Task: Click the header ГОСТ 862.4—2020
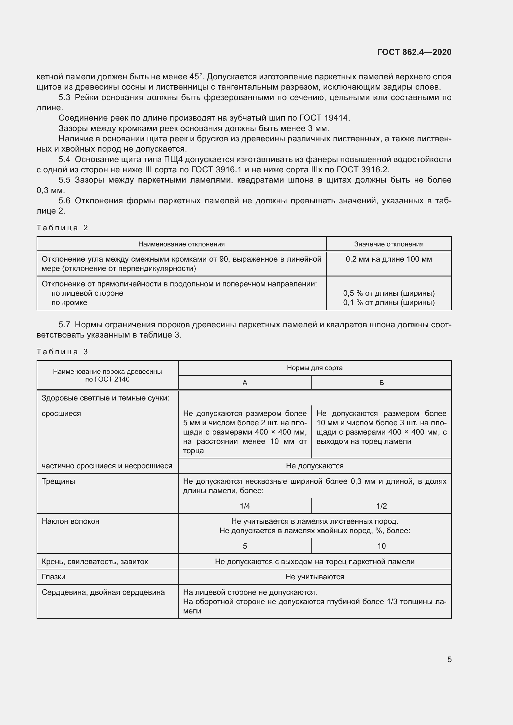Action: pos(414,52)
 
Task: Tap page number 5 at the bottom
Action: pos(449,659)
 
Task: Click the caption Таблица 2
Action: pos(62,228)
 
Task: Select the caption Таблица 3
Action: pos(62,352)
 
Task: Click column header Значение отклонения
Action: pos(389,244)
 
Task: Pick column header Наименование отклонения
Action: pos(181,244)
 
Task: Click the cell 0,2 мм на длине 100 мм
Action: pos(389,259)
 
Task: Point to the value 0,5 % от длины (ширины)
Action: pos(389,293)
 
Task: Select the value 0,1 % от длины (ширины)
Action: pos(389,303)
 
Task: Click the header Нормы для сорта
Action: pos(314,368)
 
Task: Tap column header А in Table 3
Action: pos(245,383)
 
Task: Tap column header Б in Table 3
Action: pos(381,383)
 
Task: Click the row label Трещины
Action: pos(58,481)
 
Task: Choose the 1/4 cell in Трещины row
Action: pos(245,506)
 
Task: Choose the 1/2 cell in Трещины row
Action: pos(381,506)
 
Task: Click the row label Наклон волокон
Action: pos(70,521)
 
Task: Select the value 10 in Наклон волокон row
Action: pos(381,546)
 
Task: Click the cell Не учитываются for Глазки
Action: pos(314,577)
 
